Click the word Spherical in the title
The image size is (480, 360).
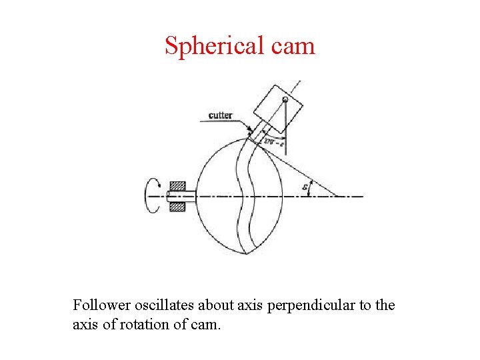pos(206,46)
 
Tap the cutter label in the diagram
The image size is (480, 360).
pos(220,115)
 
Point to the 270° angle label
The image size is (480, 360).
pos(273,141)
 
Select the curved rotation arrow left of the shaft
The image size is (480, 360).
pos(153,196)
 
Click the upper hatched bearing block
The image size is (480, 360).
pos(177,186)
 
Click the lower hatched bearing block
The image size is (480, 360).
pos(177,207)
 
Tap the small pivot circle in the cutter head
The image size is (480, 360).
pos(285,100)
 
